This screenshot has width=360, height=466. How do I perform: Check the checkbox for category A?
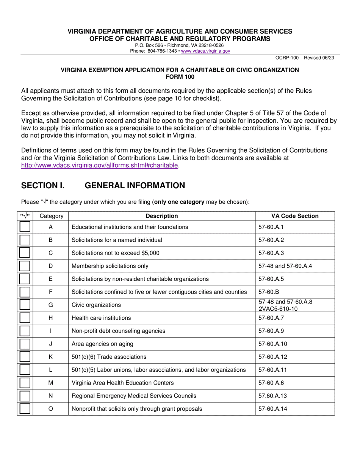point(25,227)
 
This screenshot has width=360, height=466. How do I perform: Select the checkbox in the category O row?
point(25,409)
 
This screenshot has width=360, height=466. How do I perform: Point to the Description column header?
point(162,216)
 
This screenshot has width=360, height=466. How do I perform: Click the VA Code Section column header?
point(295,216)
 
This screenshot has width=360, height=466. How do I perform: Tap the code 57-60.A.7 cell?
point(271,318)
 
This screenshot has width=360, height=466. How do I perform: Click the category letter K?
point(51,357)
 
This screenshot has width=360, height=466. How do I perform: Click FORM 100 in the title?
point(180,76)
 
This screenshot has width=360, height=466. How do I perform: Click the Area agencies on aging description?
point(102,344)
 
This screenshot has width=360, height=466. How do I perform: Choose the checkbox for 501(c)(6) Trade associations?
point(25,357)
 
